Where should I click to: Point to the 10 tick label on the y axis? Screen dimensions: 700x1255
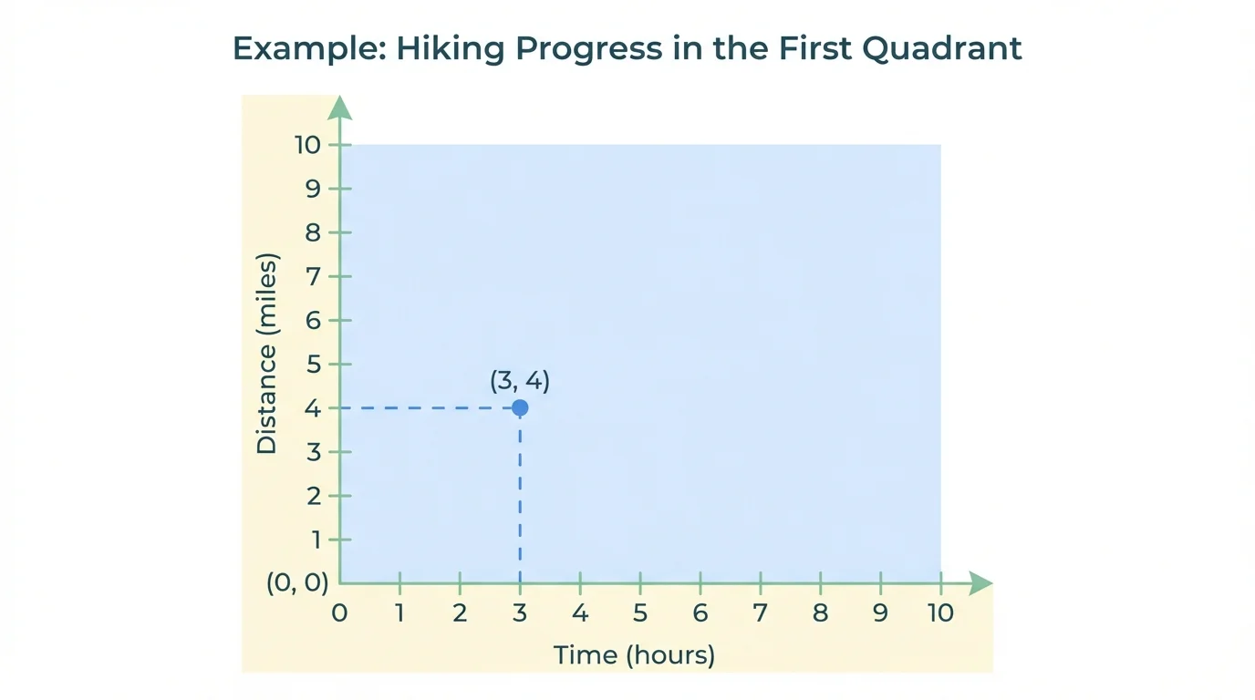click(308, 145)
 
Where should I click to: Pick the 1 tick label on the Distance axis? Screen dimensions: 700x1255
click(316, 540)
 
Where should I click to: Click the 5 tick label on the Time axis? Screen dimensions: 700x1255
click(640, 612)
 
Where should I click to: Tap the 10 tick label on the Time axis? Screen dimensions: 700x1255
click(939, 612)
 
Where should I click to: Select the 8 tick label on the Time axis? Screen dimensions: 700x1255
click(820, 612)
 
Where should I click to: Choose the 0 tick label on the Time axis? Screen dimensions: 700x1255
click(339, 612)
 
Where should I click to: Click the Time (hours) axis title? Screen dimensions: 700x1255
click(635, 654)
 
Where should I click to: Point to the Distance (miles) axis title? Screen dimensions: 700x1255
click(266, 353)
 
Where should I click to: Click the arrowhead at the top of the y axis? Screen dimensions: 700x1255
click(339, 108)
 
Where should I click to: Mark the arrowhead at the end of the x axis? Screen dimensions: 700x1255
click(980, 583)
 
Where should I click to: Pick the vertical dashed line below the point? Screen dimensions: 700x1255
click(520, 497)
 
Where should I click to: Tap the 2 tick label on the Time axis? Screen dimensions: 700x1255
click(460, 612)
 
